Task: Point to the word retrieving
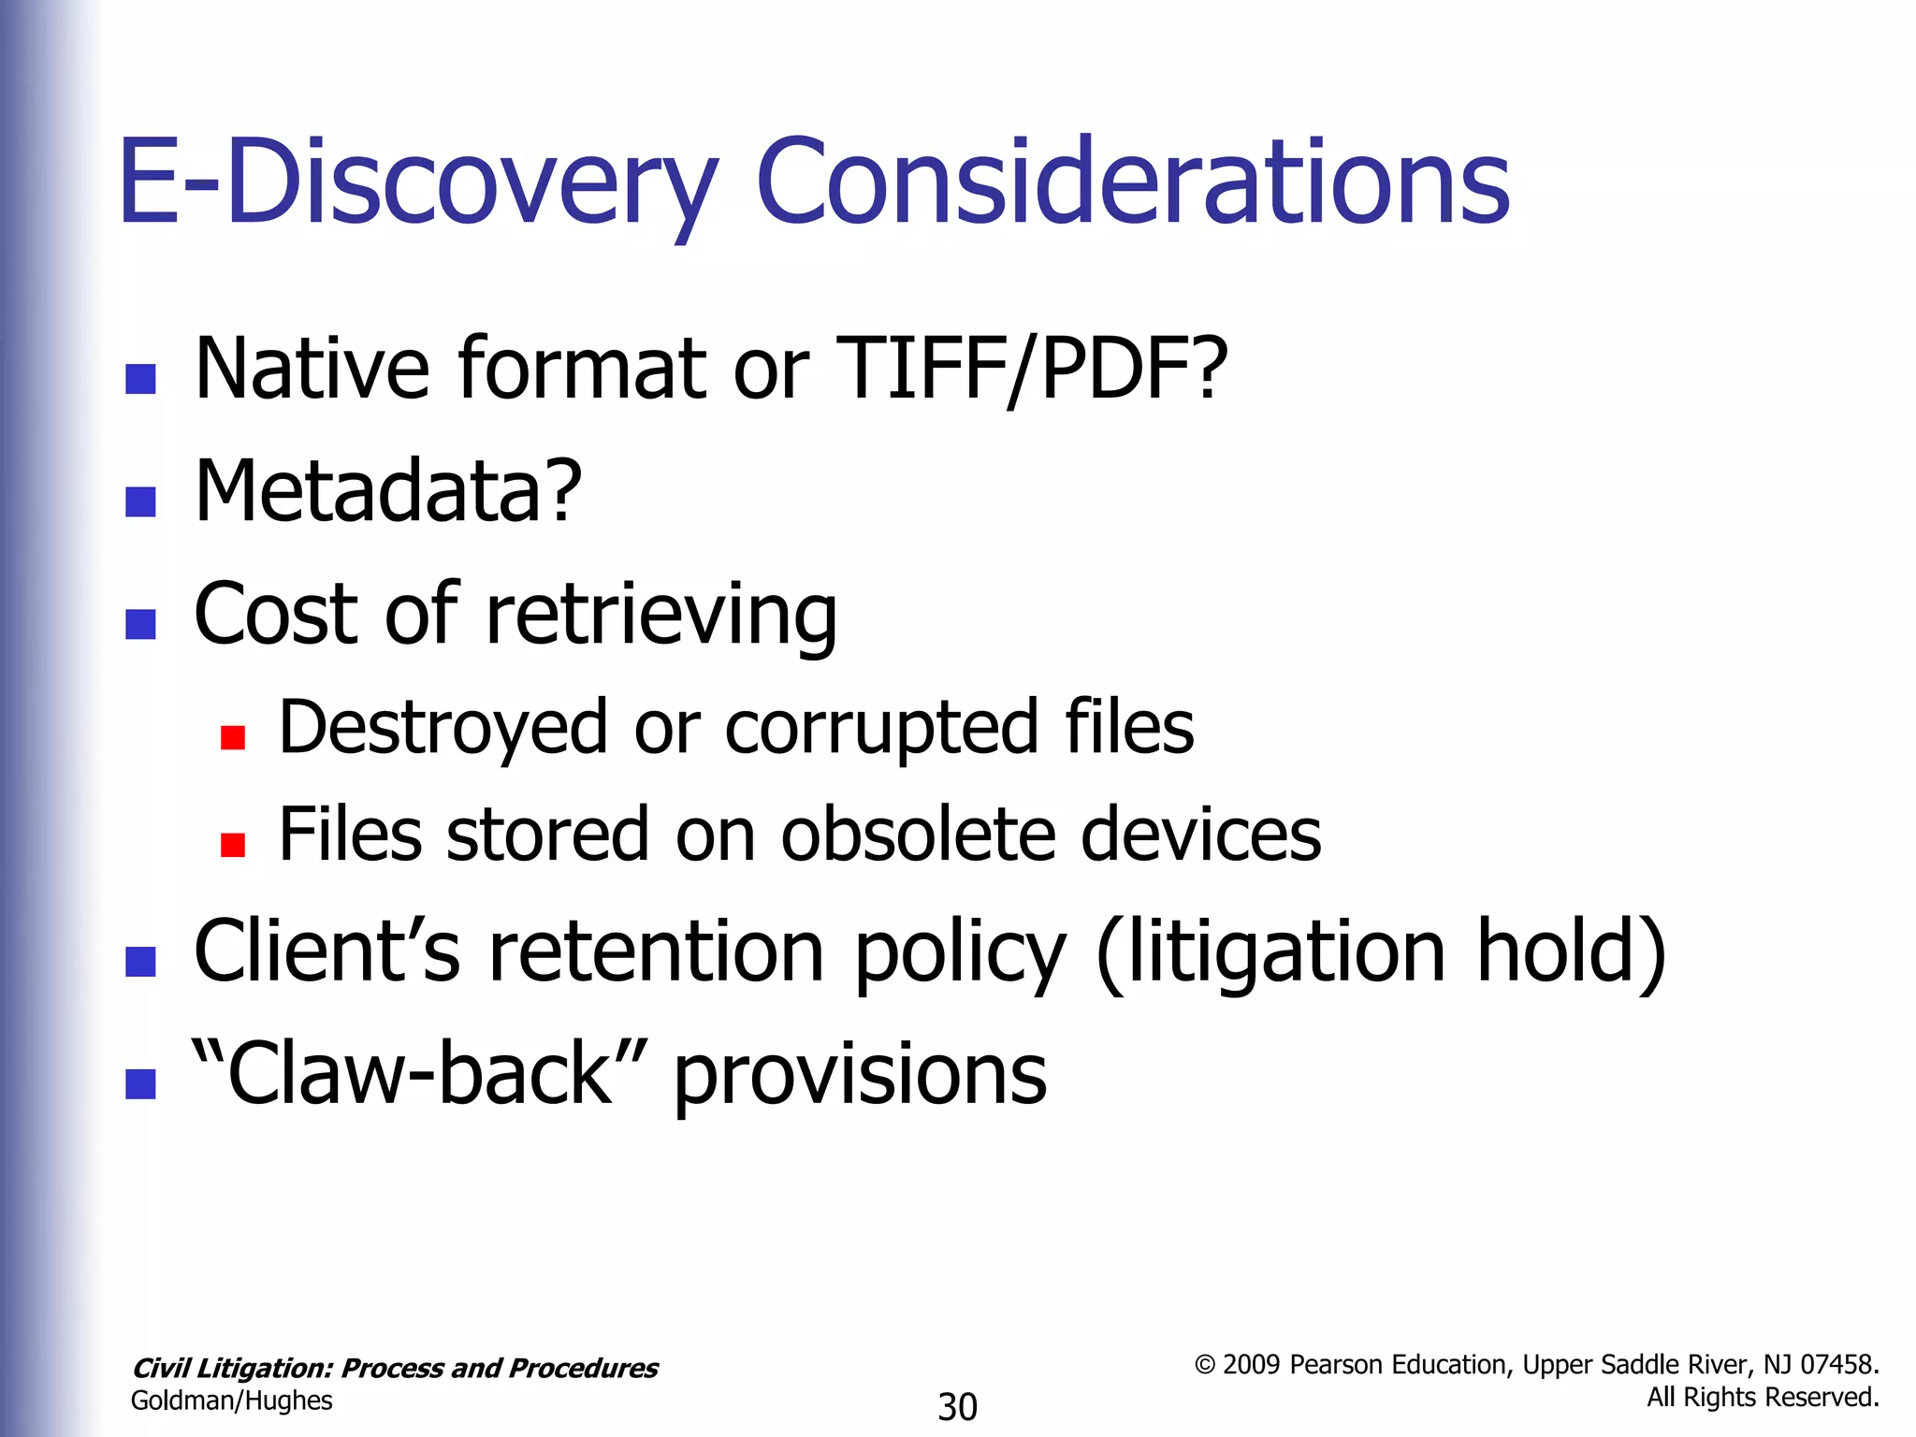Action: [x=661, y=615]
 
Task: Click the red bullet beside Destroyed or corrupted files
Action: [x=233, y=738]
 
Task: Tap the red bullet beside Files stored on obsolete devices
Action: [x=233, y=846]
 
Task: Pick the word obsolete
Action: [x=918, y=835]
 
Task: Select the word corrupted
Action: [x=881, y=727]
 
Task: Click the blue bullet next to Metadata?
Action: [x=140, y=502]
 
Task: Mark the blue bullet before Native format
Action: [x=140, y=379]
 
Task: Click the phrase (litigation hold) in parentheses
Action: [x=1381, y=952]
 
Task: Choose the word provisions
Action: [x=860, y=1075]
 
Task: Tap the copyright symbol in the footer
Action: [x=1205, y=1366]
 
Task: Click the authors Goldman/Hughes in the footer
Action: [x=232, y=1401]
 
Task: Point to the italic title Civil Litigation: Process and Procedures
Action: [x=395, y=1369]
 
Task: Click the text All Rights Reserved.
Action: [x=1763, y=1398]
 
